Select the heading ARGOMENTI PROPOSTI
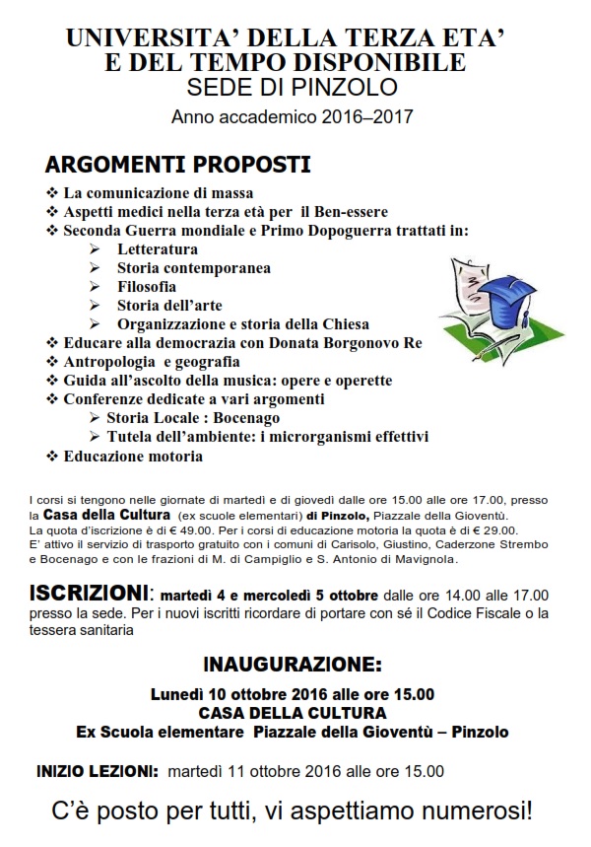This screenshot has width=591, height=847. coord(178,164)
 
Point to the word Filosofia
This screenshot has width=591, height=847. coord(147,286)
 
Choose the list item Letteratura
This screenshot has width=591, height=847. coord(158,249)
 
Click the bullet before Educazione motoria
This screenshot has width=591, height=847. coord(52,457)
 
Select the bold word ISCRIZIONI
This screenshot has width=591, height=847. coord(89,595)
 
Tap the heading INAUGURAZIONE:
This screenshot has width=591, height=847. coord(292,663)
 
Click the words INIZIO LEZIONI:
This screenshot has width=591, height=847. coord(97,771)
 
